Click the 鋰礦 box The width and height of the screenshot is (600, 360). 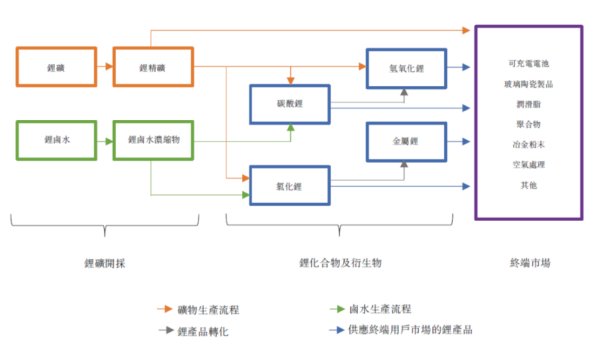coord(55,67)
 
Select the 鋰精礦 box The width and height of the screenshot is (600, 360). coord(152,67)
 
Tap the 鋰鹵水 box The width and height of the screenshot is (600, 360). coord(55,140)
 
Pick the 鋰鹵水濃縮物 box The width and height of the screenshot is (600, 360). coord(152,140)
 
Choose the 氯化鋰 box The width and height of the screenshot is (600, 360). coord(290,186)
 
